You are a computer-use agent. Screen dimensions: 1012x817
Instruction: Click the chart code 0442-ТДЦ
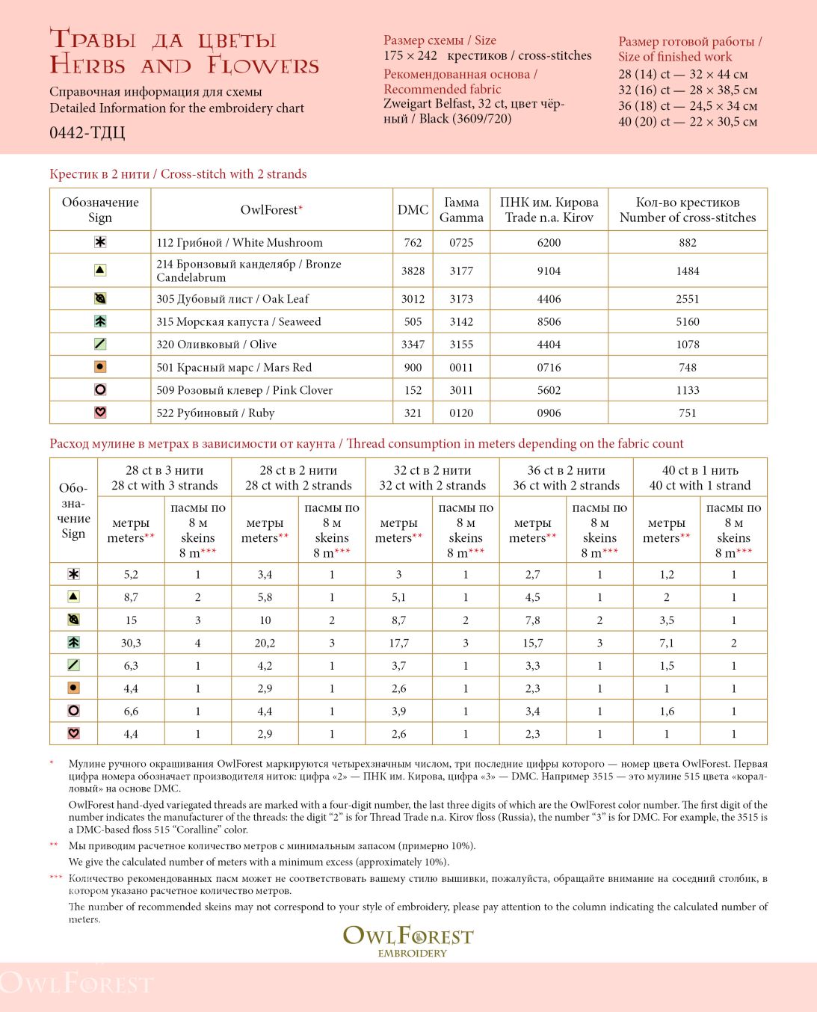coord(87,133)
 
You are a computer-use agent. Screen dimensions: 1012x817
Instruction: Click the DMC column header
coord(413,210)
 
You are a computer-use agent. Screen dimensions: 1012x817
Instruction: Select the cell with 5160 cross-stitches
coord(687,321)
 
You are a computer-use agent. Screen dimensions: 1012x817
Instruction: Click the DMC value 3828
coord(413,271)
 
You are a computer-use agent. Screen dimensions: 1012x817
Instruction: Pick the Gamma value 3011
coord(461,390)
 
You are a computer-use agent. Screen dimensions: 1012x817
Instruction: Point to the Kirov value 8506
coord(549,321)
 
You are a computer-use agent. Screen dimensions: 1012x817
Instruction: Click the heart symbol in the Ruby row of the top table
coord(100,413)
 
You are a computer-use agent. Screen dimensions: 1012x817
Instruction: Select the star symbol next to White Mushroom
coord(100,242)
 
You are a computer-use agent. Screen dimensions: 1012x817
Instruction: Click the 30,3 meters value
coord(131,643)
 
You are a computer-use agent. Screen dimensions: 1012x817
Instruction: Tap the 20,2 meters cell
coord(265,643)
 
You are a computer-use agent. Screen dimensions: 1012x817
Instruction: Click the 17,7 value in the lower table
coord(398,643)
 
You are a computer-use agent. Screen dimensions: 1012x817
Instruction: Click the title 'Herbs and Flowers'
coord(185,66)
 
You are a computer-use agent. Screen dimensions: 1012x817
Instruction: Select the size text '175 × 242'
coord(411,55)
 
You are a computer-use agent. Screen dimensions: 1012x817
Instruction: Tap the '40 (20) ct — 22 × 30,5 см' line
coord(688,121)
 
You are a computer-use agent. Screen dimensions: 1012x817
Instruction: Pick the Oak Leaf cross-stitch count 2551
coord(687,299)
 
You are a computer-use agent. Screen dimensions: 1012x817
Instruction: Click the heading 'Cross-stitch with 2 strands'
coord(234,174)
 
